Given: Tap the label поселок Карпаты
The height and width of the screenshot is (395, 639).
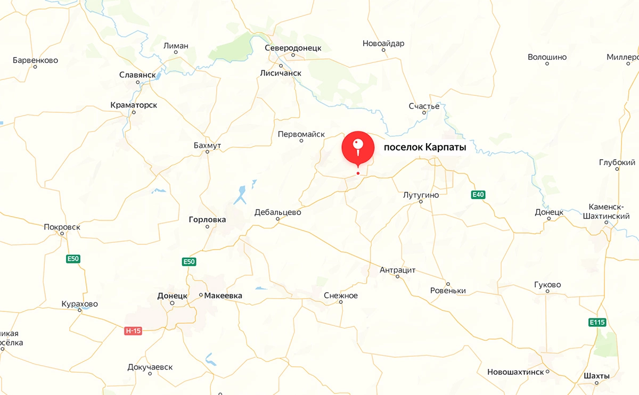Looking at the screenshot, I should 425,148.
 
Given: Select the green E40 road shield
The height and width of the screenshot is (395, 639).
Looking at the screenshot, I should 478,195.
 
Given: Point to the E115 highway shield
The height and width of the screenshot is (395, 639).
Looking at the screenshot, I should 597,322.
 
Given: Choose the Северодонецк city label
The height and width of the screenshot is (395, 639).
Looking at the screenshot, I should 293,47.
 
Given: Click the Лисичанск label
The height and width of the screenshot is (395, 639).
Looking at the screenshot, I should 281,73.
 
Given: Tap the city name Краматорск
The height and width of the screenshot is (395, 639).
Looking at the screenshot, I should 134,105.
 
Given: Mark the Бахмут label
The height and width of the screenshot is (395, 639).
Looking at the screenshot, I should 208,145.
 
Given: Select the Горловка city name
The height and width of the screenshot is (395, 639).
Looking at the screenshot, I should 207,219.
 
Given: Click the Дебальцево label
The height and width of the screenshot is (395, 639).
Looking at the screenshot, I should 277,212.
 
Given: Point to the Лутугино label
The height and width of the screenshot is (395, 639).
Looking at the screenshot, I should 421,195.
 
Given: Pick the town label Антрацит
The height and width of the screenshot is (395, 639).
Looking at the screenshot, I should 397,270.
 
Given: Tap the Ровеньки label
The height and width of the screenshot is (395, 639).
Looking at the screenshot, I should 448,291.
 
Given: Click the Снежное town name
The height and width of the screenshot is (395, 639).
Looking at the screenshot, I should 341,295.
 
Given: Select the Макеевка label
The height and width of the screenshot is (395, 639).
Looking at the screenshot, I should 223,295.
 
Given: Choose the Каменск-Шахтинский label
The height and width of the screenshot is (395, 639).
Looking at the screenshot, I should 610,212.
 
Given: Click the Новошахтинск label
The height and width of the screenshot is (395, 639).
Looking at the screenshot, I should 515,372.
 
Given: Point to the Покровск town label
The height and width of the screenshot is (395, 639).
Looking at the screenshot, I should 62,227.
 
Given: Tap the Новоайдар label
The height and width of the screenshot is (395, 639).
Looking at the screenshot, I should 383,43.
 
